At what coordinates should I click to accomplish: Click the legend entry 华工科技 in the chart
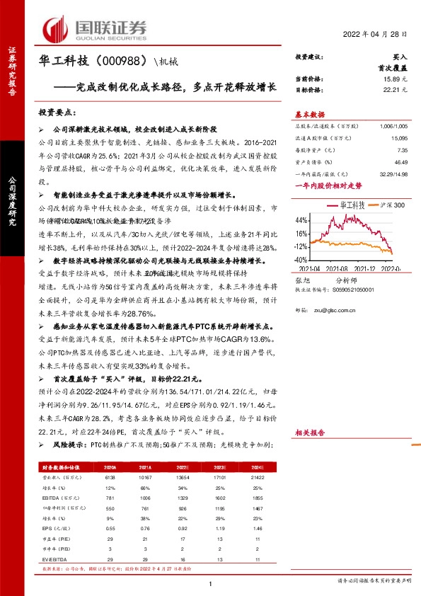pyautogui.click(x=352, y=204)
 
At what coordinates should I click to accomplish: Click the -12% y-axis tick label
pyautogui.click(x=302, y=246)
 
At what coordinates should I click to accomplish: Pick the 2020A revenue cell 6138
pyautogui.click(x=110, y=478)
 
